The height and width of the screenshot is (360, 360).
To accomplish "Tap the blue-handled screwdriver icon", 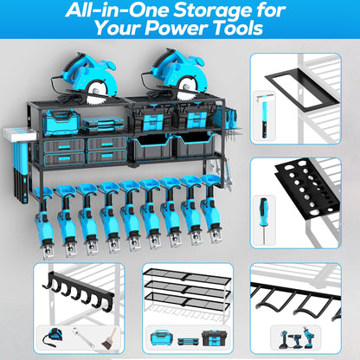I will tap(260, 216).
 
